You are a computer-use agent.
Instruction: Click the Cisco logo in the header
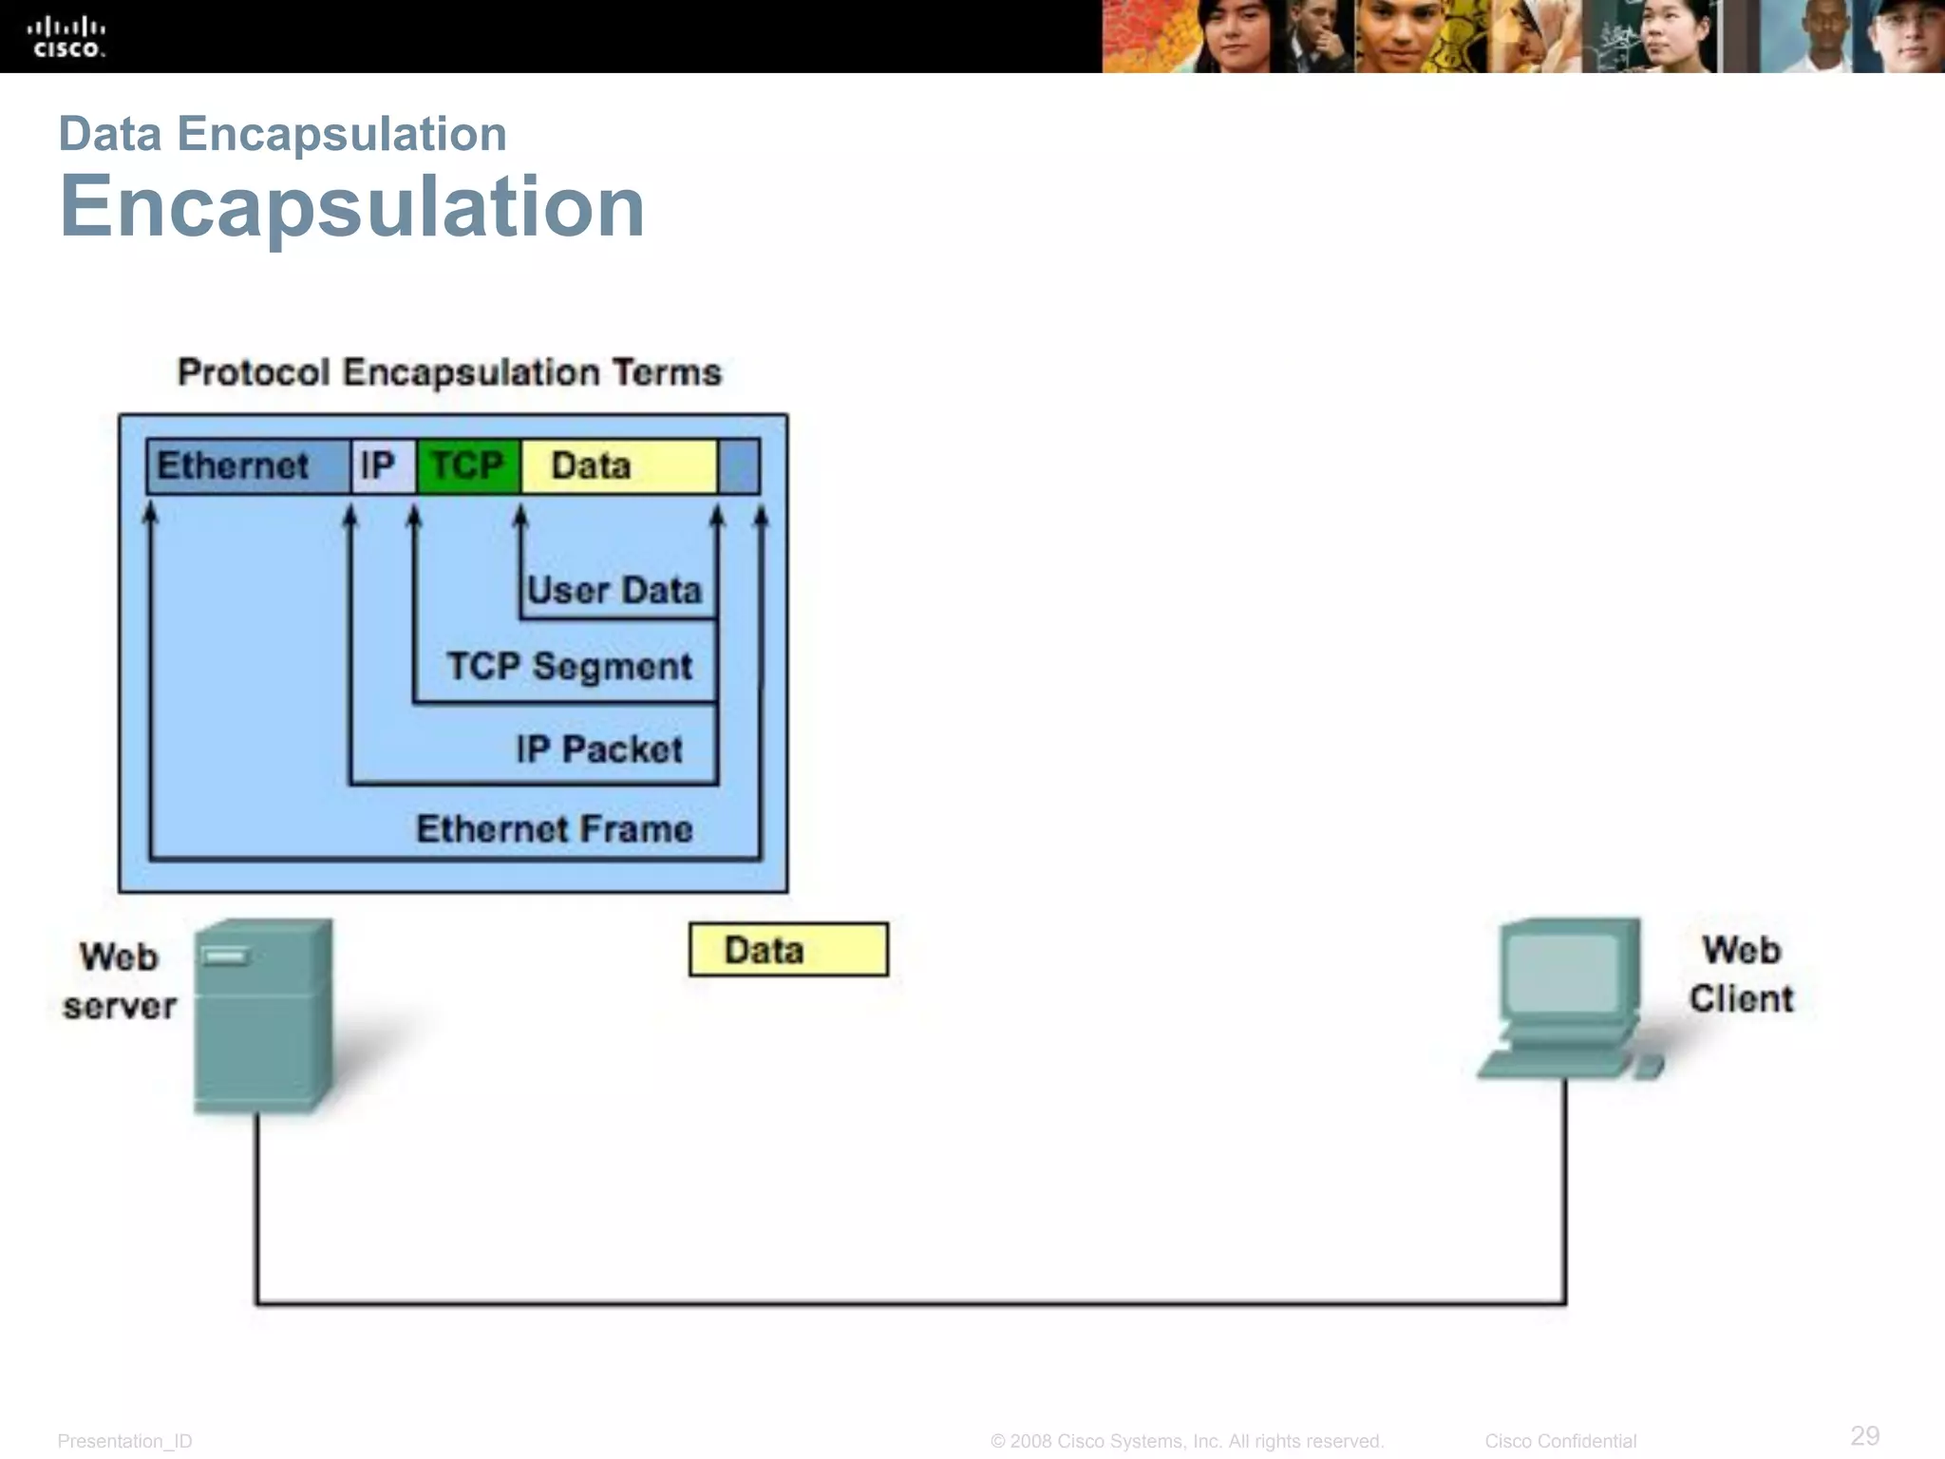pyautogui.click(x=66, y=37)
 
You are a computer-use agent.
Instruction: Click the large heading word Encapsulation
pyautogui.click(x=351, y=206)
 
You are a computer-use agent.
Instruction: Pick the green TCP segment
pyautogui.click(x=468, y=466)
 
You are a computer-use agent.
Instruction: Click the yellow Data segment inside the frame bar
pyautogui.click(x=617, y=466)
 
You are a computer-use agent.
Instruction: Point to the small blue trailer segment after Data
pyautogui.click(x=739, y=466)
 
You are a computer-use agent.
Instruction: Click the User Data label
pyautogui.click(x=614, y=591)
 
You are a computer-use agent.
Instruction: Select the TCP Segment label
pyautogui.click(x=569, y=666)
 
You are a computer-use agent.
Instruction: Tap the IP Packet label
pyautogui.click(x=599, y=749)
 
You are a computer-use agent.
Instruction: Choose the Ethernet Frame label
pyautogui.click(x=555, y=829)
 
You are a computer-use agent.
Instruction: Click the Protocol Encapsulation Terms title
pyautogui.click(x=449, y=372)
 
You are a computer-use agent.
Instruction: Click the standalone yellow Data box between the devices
pyautogui.click(x=788, y=950)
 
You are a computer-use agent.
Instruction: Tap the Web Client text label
pyautogui.click(x=1741, y=975)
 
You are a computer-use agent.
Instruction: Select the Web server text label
pyautogui.click(x=120, y=981)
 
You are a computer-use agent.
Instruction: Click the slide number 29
pyautogui.click(x=1864, y=1434)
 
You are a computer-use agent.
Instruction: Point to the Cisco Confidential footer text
pyautogui.click(x=1560, y=1441)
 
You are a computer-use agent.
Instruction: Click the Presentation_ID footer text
pyautogui.click(x=124, y=1441)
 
